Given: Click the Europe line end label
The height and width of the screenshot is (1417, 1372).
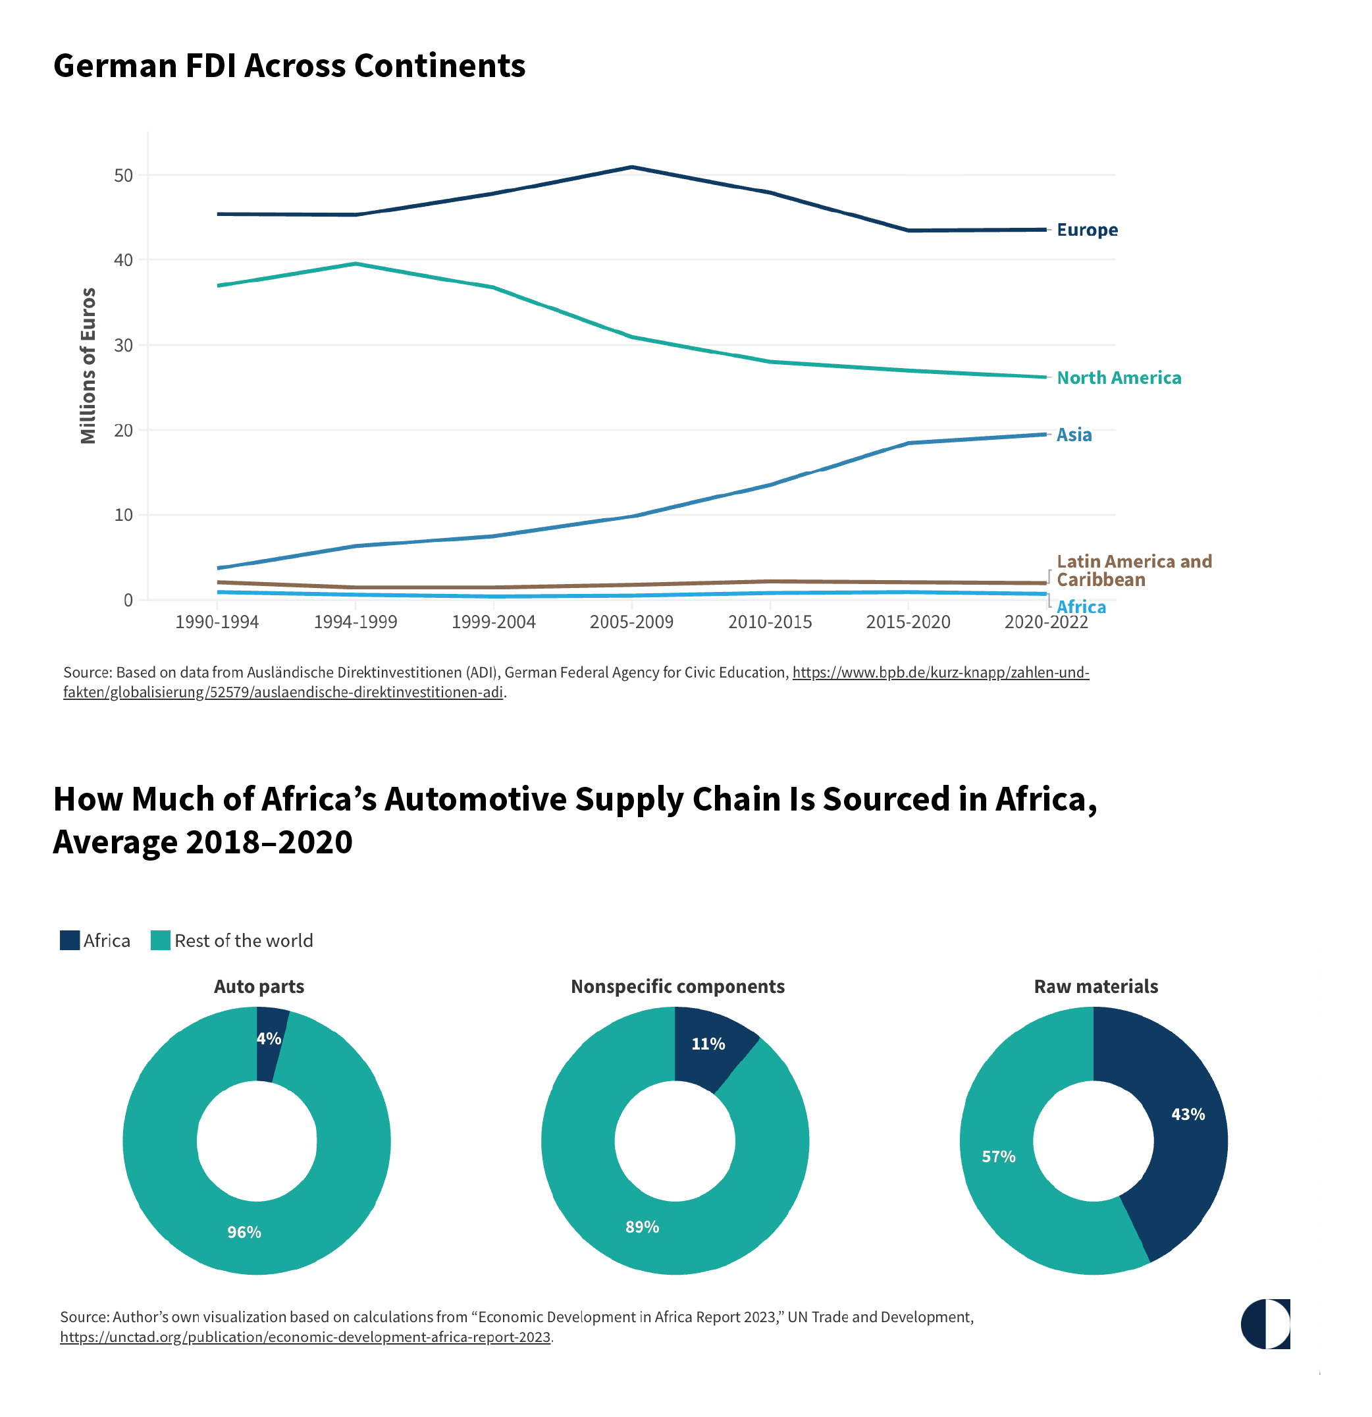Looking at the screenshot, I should pos(1086,230).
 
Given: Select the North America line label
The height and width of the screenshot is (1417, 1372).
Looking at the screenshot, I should pos(1119,378).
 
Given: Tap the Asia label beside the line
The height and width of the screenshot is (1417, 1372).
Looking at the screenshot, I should pos(1074,435).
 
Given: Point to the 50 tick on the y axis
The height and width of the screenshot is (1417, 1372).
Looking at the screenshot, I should pos(124,176).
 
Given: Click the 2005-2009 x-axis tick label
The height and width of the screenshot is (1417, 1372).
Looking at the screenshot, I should pos(631,622).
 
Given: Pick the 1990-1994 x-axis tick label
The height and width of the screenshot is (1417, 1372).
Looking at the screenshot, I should pos(217,622).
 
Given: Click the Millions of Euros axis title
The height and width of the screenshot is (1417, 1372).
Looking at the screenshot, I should pos(88,366).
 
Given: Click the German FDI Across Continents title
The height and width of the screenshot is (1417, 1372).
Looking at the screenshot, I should pos(289,66).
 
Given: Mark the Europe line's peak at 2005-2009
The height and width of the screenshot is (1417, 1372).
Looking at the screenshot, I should pos(632,168).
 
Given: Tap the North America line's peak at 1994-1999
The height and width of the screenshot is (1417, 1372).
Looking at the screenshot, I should pos(356,264).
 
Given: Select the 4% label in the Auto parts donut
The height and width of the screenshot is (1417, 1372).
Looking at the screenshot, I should pos(269,1039).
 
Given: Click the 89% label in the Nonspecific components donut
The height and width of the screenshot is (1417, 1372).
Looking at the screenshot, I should pos(642,1227).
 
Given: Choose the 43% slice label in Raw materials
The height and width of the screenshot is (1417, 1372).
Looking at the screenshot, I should pos(1188,1115).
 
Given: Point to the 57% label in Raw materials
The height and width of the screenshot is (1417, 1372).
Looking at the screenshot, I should pos(998,1157).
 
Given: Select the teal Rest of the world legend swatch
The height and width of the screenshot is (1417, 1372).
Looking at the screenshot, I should pos(161,940).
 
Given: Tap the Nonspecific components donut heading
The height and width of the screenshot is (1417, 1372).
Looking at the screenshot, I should pos(677,987).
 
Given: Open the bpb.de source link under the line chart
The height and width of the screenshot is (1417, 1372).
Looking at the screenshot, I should pos(939,673).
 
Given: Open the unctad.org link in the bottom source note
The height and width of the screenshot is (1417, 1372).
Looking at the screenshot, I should pos(305,1337).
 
